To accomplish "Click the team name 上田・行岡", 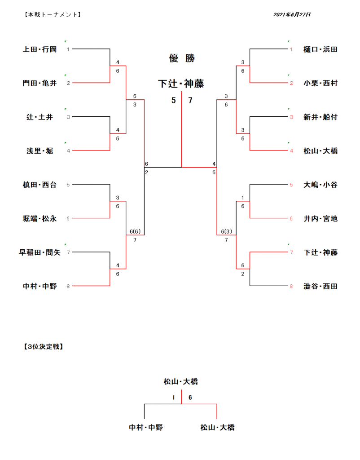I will click(x=40, y=49).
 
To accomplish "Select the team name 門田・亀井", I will click(x=40, y=83).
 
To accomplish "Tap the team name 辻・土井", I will click(x=40, y=117).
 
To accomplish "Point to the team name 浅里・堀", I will click(x=40, y=151).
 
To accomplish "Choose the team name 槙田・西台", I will click(x=40, y=185).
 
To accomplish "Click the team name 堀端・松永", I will click(x=40, y=219).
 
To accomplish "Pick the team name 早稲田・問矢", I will click(x=40, y=252).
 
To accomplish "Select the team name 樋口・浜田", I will click(x=320, y=49).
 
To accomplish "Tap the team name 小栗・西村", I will click(x=320, y=83).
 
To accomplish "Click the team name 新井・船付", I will click(x=320, y=117).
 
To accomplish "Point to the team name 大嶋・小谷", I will click(x=320, y=185).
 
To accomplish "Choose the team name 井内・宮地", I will click(x=320, y=219).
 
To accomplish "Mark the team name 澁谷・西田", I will click(x=320, y=286).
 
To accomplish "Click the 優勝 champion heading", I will click(x=181, y=58).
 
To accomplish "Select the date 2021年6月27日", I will click(x=292, y=15).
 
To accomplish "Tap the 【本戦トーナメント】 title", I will click(x=51, y=15).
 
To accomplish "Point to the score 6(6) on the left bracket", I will click(x=135, y=231).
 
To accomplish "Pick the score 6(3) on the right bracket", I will click(x=227, y=231).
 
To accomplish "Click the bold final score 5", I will click(x=173, y=101).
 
